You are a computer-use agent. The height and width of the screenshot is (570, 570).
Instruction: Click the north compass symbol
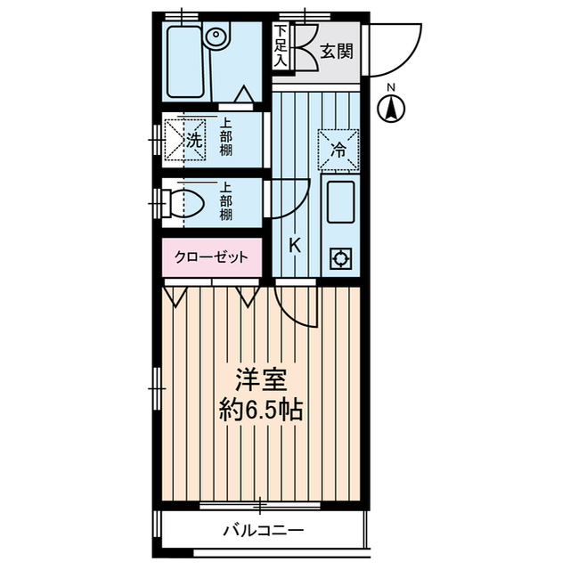tap(392, 110)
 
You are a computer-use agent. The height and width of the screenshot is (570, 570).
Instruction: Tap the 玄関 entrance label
tap(337, 50)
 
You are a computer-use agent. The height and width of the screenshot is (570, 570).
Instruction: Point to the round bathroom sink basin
tap(216, 37)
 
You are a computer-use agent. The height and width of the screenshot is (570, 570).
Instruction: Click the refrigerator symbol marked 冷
tap(338, 149)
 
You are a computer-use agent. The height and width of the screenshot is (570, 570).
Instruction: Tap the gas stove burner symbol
tap(339, 259)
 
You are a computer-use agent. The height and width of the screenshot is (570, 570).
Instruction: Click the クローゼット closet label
tap(212, 257)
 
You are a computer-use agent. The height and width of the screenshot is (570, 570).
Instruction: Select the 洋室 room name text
tap(260, 380)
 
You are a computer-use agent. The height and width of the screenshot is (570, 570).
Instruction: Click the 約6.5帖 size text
tap(260, 411)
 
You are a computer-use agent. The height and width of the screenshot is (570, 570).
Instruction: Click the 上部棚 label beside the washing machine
tap(226, 138)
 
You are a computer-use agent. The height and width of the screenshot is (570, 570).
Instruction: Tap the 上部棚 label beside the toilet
tap(226, 202)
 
